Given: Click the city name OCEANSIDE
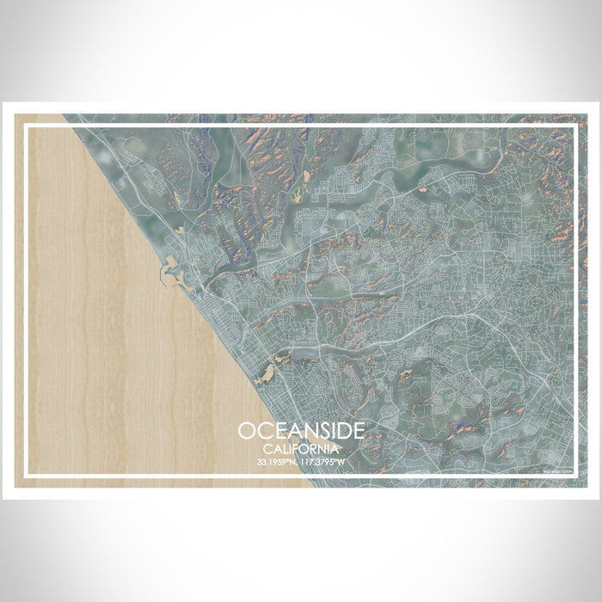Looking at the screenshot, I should [x=301, y=430].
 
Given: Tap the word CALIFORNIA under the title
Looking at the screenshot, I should [x=301, y=447].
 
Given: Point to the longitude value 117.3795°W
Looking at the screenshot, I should [x=324, y=462].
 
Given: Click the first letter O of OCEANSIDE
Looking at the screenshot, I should [x=247, y=430].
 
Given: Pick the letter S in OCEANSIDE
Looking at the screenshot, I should [x=313, y=430].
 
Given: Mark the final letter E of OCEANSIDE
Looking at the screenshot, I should [x=356, y=430].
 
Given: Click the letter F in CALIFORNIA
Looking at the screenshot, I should [x=299, y=447].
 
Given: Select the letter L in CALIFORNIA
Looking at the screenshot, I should [x=286, y=447].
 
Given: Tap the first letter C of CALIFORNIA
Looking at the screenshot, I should [x=267, y=447].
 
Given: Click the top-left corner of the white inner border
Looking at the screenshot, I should [x=27, y=126].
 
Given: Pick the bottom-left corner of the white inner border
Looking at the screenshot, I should [x=27, y=475].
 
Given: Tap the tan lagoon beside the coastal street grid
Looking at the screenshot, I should [x=265, y=372].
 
